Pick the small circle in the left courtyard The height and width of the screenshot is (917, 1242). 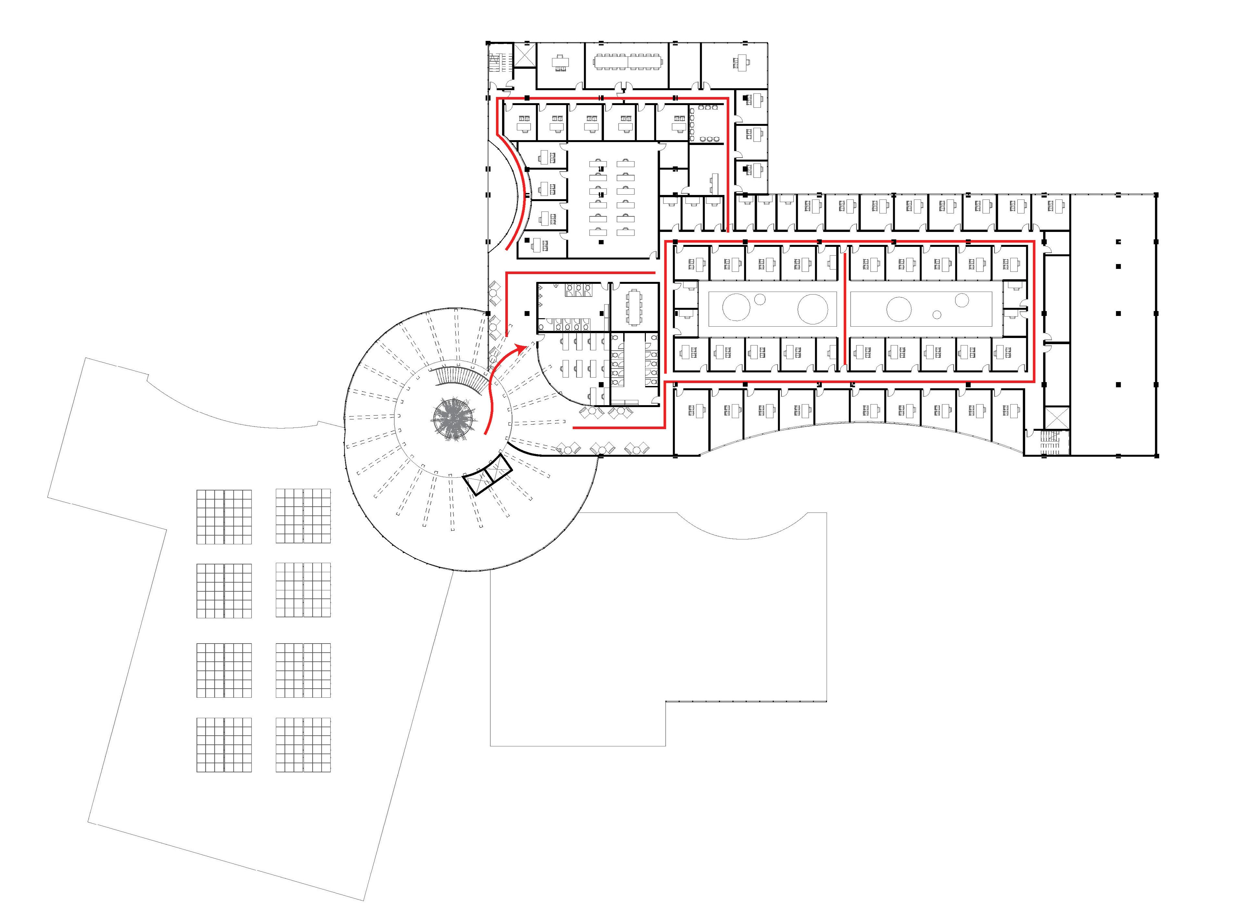point(760,299)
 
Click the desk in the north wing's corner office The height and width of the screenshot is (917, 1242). point(741,62)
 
